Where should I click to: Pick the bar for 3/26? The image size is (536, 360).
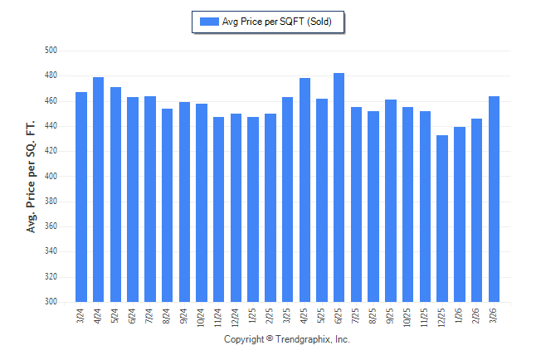(x=494, y=199)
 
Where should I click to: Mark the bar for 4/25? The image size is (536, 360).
(x=304, y=190)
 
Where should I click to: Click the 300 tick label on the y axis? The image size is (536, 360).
(x=50, y=302)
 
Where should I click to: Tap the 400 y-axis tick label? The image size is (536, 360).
(x=50, y=177)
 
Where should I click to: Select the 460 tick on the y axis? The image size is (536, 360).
(x=50, y=101)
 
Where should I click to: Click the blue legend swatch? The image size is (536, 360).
(x=208, y=22)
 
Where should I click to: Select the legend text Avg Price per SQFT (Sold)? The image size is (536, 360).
(x=277, y=22)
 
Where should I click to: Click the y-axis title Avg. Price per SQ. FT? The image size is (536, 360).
(x=32, y=176)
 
